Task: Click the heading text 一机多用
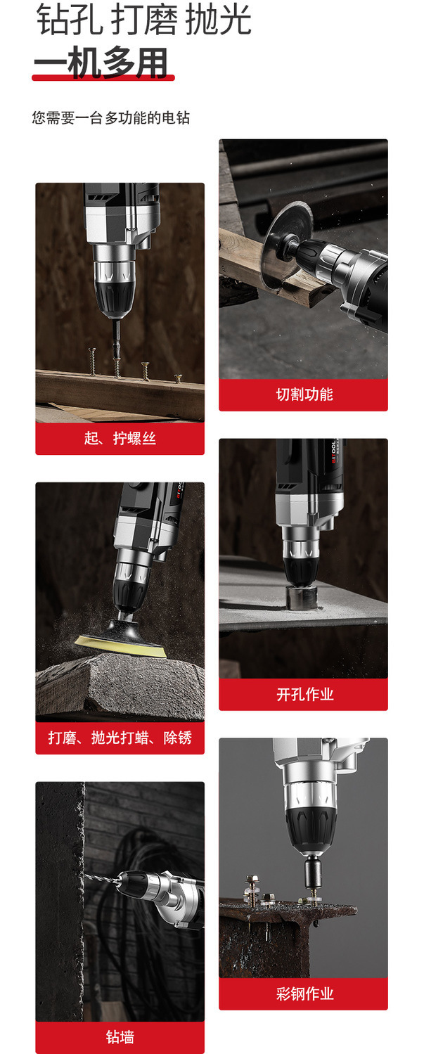(101, 63)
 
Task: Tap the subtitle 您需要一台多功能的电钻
(111, 117)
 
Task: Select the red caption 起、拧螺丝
(120, 439)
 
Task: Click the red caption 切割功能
(304, 394)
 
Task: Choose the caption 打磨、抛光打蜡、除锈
(120, 738)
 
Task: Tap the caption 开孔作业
(304, 694)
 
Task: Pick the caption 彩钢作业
(304, 994)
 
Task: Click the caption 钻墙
(120, 1037)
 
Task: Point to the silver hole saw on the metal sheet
(301, 598)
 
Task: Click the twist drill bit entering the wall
(101, 878)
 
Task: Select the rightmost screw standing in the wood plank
(178, 378)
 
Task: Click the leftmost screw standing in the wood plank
(93, 362)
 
